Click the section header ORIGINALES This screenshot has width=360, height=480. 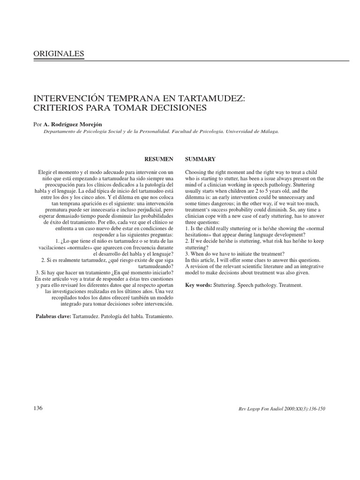click(x=59, y=54)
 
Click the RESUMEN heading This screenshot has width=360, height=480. click(x=161, y=159)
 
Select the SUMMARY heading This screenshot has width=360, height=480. click(x=200, y=159)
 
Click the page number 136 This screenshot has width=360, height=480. click(x=38, y=408)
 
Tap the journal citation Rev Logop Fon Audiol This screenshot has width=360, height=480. click(x=260, y=409)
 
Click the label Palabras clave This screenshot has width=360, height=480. click(x=53, y=316)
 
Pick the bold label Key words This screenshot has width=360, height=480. click(x=199, y=285)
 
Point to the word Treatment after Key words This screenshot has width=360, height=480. click(x=291, y=285)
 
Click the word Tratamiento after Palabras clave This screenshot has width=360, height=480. click(x=157, y=316)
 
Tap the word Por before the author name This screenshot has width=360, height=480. click(x=37, y=125)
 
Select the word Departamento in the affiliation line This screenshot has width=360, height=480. click(x=60, y=132)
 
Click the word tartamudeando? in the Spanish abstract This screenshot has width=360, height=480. click(x=157, y=265)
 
